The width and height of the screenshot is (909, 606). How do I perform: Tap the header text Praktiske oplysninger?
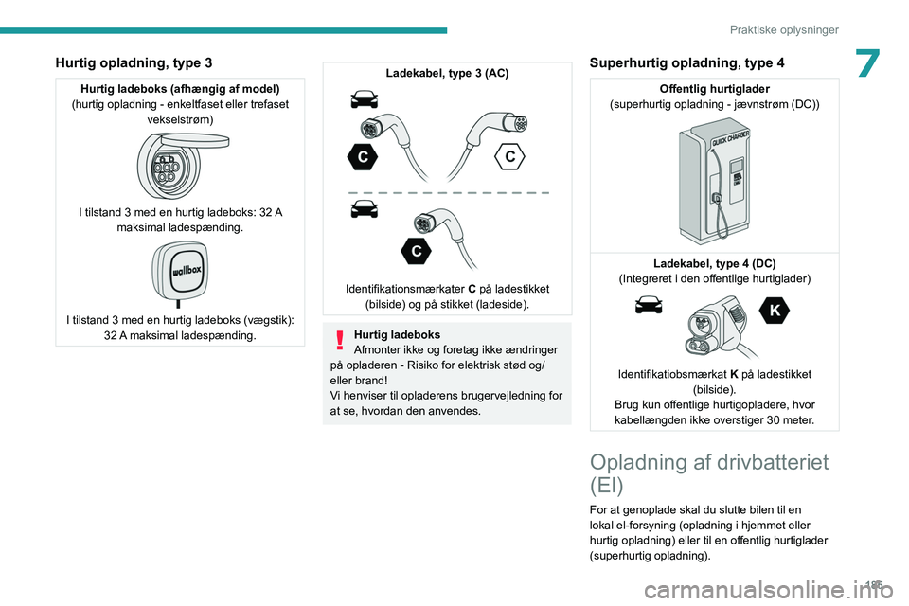[784, 29]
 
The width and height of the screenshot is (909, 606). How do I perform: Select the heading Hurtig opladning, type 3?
[134, 62]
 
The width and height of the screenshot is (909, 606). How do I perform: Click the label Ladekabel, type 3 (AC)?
[447, 73]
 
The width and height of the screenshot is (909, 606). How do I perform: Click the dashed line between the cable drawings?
[447, 192]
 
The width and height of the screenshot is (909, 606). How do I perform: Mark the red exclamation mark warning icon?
[339, 340]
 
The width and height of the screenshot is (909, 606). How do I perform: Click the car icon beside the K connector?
[649, 304]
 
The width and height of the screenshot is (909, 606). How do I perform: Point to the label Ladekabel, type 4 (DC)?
[714, 263]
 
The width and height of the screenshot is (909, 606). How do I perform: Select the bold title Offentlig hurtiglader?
[714, 89]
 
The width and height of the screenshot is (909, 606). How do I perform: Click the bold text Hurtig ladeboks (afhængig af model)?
[180, 89]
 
